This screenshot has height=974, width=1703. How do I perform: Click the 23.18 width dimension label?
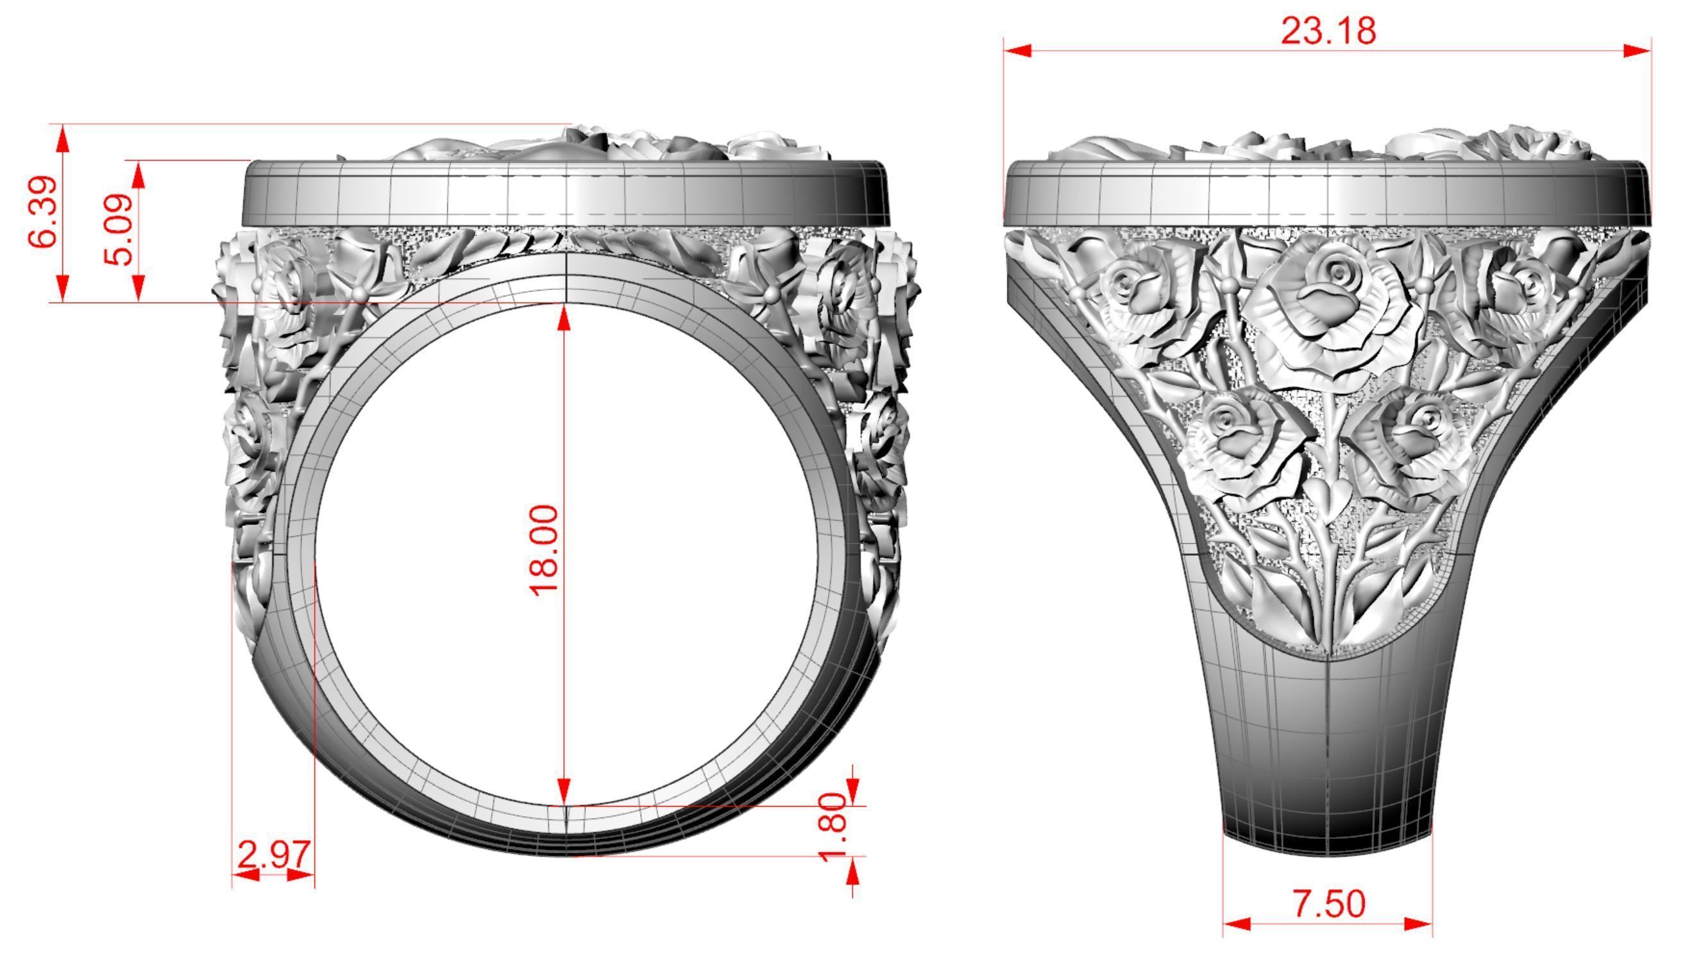(x=1328, y=31)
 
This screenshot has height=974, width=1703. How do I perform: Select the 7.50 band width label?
(x=1328, y=905)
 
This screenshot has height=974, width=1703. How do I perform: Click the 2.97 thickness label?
(x=274, y=855)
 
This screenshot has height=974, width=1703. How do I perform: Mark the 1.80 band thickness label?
(x=833, y=828)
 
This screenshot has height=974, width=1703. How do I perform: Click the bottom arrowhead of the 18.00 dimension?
(x=564, y=789)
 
